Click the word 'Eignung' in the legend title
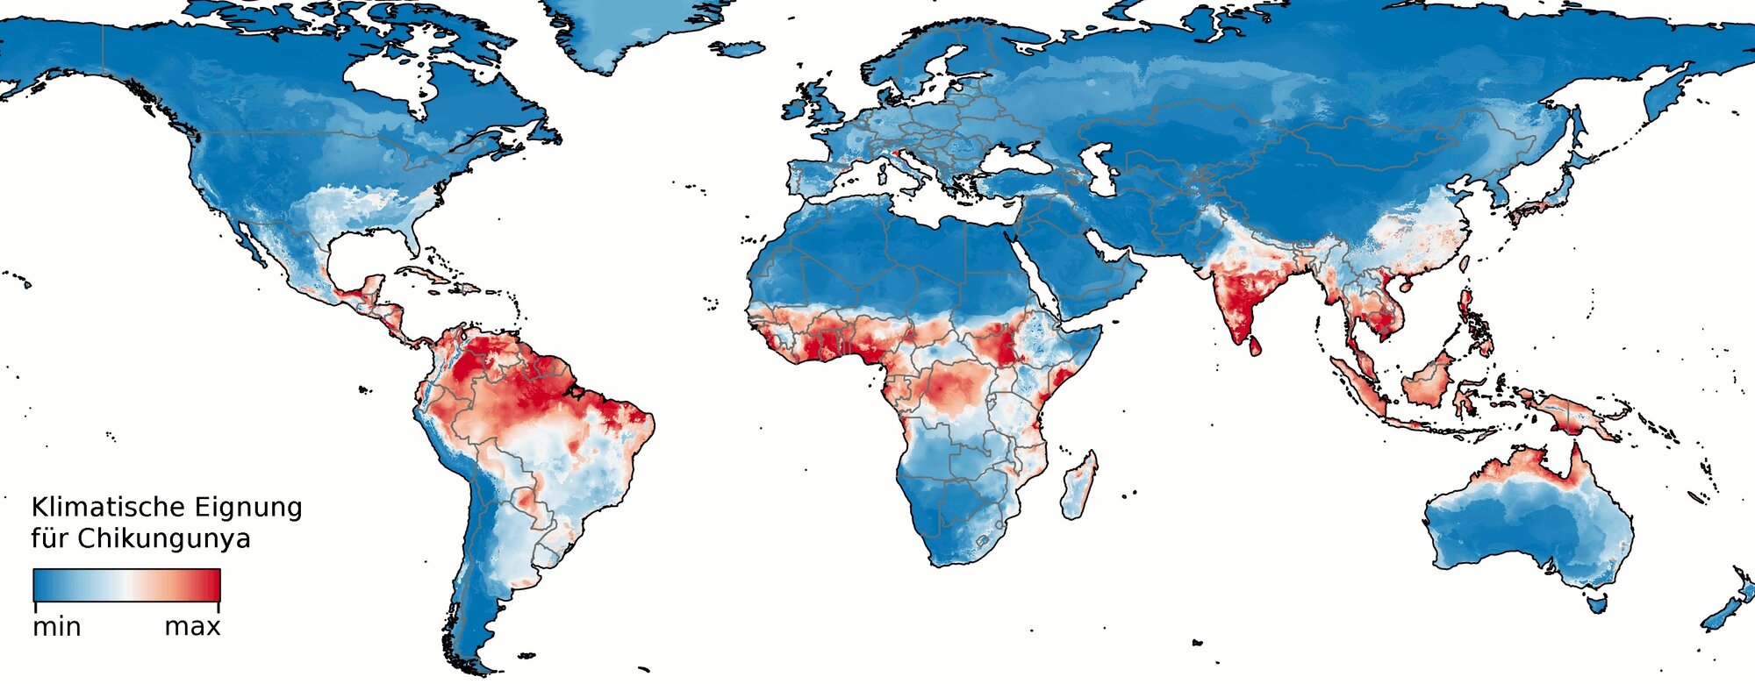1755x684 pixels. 248,508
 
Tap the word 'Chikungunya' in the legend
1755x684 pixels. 164,538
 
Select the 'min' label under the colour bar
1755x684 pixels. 57,627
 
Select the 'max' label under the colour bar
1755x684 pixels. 192,627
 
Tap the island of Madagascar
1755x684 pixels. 1078,488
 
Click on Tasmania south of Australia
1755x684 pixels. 1598,603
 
